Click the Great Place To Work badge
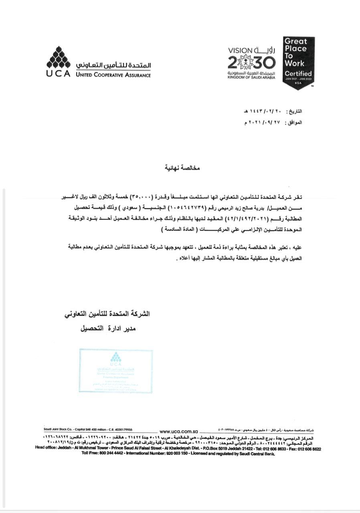(x=298, y=63)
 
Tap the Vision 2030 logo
(x=251, y=63)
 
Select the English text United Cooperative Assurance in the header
(x=113, y=75)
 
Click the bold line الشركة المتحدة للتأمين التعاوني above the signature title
(x=107, y=314)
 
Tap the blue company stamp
(x=115, y=371)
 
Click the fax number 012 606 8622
(x=309, y=449)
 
